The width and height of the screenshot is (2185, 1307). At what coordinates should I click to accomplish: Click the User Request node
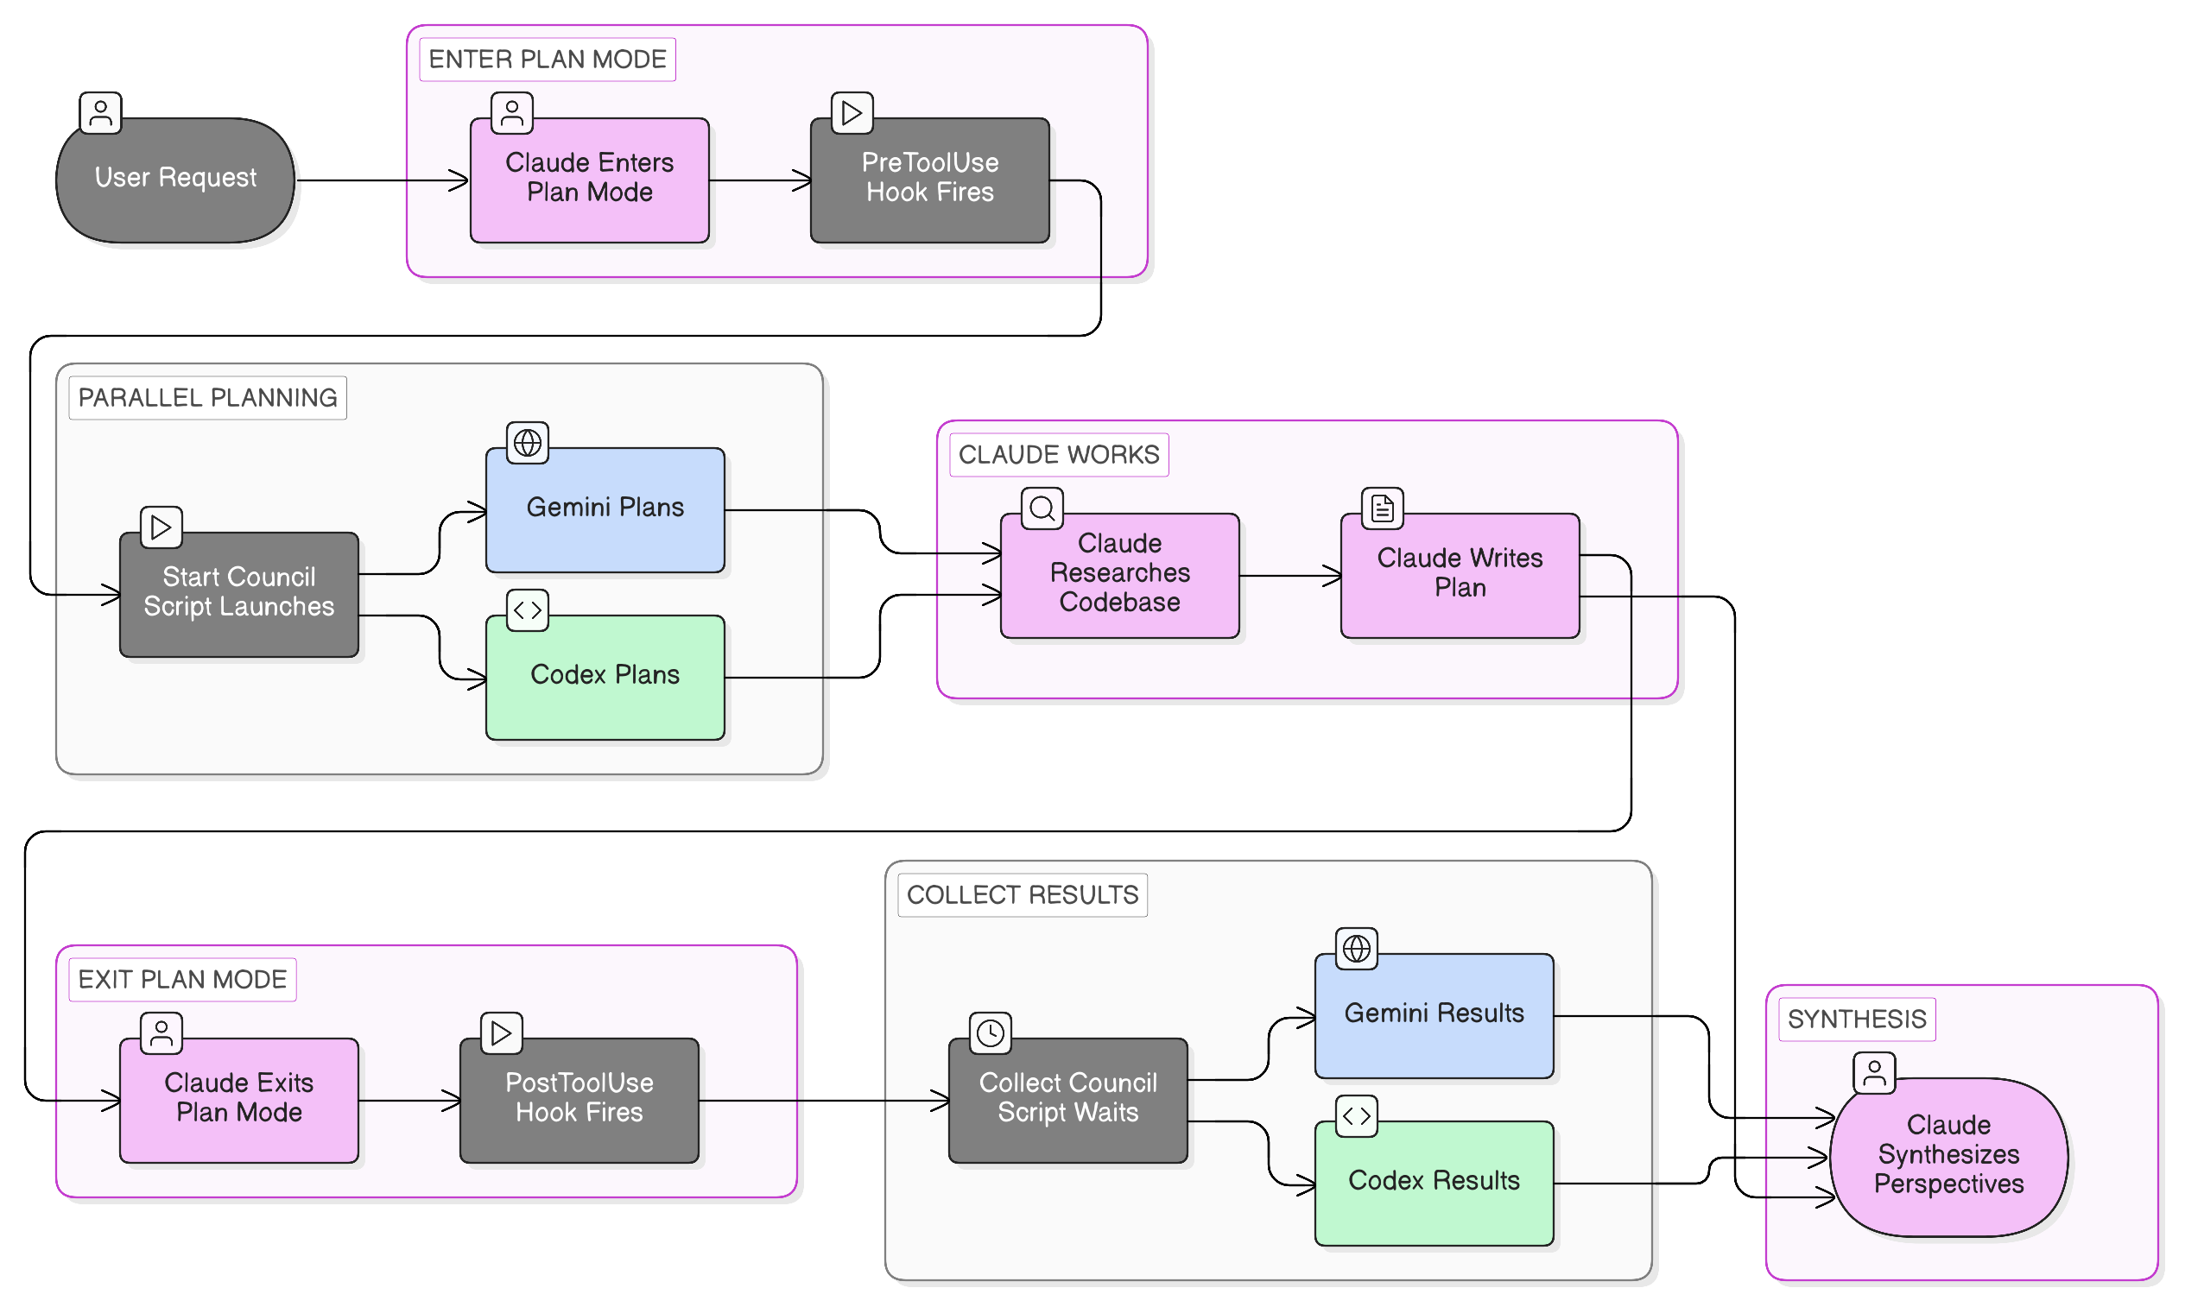pyautogui.click(x=175, y=180)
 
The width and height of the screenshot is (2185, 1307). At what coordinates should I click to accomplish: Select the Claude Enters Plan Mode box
pyautogui.click(x=589, y=180)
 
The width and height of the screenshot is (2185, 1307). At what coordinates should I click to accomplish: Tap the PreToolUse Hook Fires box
pyautogui.click(x=929, y=180)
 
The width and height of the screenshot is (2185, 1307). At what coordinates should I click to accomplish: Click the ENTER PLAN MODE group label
pyautogui.click(x=548, y=59)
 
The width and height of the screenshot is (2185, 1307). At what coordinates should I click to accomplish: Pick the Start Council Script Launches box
pyautogui.click(x=238, y=594)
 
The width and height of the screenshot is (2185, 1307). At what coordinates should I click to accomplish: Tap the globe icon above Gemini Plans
pyautogui.click(x=528, y=442)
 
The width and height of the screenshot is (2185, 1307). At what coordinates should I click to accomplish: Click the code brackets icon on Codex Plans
pyautogui.click(x=528, y=609)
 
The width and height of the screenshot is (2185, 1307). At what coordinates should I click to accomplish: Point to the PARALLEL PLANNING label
pyautogui.click(x=207, y=397)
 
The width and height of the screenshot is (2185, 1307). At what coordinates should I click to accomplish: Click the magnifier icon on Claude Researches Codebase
pyautogui.click(x=1042, y=508)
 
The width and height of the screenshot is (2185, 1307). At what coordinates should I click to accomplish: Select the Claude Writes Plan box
pyautogui.click(x=1460, y=574)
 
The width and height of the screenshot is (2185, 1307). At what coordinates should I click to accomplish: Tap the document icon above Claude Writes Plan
pyautogui.click(x=1383, y=508)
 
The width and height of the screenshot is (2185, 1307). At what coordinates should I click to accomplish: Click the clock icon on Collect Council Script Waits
pyautogui.click(x=991, y=1032)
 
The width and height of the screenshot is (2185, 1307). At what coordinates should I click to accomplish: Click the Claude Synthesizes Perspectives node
pyautogui.click(x=1948, y=1156)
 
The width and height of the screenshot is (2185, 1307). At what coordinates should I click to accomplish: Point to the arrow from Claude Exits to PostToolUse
pyautogui.click(x=408, y=1100)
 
